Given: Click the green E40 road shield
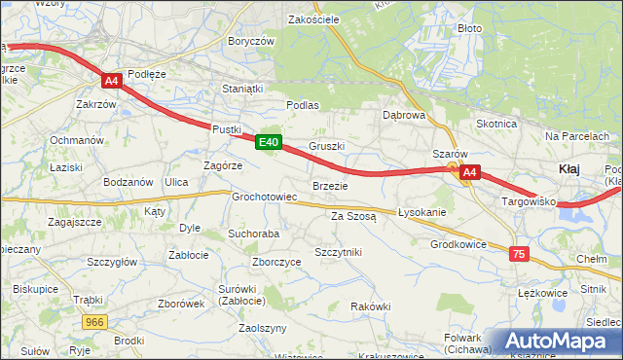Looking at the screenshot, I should (x=270, y=142).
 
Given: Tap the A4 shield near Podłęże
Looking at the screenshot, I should (x=113, y=82).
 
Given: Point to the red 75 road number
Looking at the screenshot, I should (x=519, y=253).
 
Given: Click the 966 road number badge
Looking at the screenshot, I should (x=94, y=321).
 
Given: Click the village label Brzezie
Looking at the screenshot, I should (x=330, y=186).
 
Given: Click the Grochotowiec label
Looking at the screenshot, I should (x=264, y=197).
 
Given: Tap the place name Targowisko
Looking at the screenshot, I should (x=528, y=201).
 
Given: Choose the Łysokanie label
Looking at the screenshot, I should (x=421, y=213).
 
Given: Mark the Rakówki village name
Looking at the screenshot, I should (x=370, y=306).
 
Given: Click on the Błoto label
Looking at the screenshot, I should (x=469, y=28).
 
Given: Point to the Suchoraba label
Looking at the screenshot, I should (x=253, y=234).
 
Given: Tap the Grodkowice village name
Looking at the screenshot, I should (x=458, y=244).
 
